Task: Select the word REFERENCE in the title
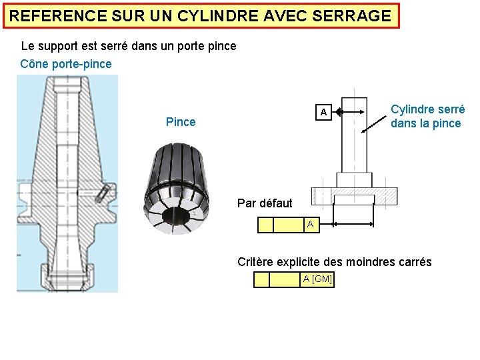[52, 16]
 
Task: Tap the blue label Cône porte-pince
[66, 64]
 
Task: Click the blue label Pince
[181, 122]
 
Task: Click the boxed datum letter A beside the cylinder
[323, 112]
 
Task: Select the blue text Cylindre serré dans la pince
[427, 116]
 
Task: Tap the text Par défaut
[265, 203]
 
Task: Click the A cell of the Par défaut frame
[311, 225]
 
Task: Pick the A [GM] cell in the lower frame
[317, 279]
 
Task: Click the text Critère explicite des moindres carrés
[335, 262]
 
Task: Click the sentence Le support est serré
[129, 47]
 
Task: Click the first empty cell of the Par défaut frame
[265, 225]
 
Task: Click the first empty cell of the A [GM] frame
[261, 279]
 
